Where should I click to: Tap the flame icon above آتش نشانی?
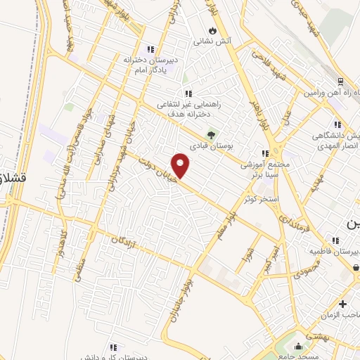point(212,31)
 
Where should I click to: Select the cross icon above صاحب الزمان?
point(342,304)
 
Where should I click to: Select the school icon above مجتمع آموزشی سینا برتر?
point(264,153)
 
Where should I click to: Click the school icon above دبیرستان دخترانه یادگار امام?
point(150,49)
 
